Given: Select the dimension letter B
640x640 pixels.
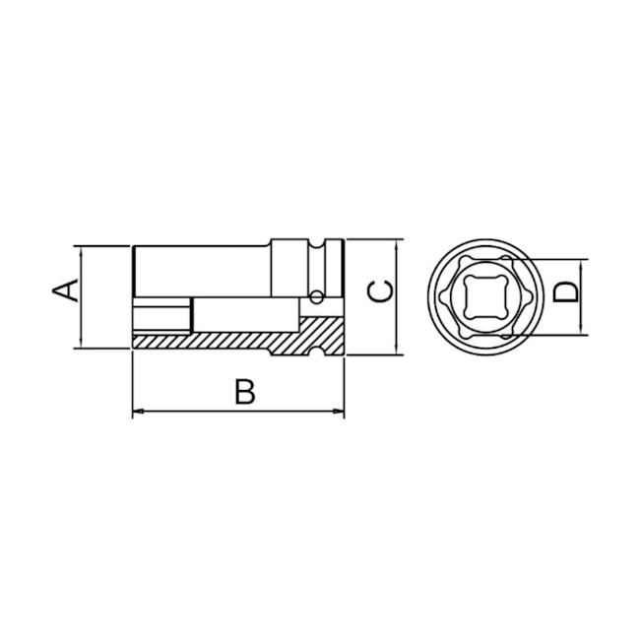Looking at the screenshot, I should pyautogui.click(x=244, y=391).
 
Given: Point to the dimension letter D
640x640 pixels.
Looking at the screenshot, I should pyautogui.click(x=564, y=293).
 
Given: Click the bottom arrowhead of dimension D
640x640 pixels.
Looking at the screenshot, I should pyautogui.click(x=583, y=328).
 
